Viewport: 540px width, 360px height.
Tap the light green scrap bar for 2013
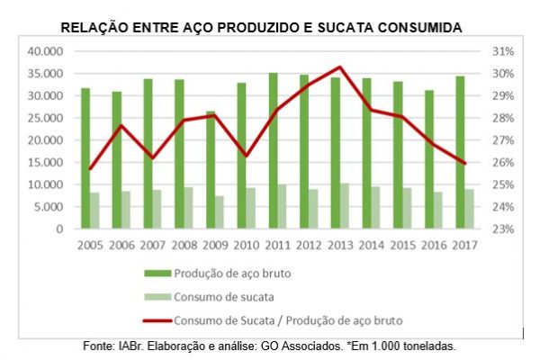(345, 206)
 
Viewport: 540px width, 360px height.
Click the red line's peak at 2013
(339, 67)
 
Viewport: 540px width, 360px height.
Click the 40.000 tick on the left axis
(45, 51)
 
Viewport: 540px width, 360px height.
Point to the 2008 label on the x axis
(184, 245)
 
